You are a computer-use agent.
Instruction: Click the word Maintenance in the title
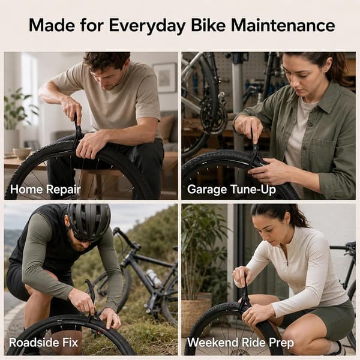click(x=283, y=25)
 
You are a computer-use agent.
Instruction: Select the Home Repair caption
click(x=45, y=190)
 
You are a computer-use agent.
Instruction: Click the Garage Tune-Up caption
click(x=232, y=190)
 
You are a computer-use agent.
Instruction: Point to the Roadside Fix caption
click(x=44, y=343)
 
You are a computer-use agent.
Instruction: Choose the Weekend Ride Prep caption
click(x=241, y=343)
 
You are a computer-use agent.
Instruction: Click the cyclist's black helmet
click(x=89, y=221)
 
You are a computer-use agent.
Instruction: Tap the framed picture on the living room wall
click(x=165, y=77)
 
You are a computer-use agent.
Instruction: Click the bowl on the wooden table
click(x=22, y=153)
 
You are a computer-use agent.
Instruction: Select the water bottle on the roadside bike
click(x=154, y=278)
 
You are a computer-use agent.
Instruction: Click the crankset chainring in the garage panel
click(x=214, y=115)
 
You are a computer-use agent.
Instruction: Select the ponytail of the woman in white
click(x=296, y=215)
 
